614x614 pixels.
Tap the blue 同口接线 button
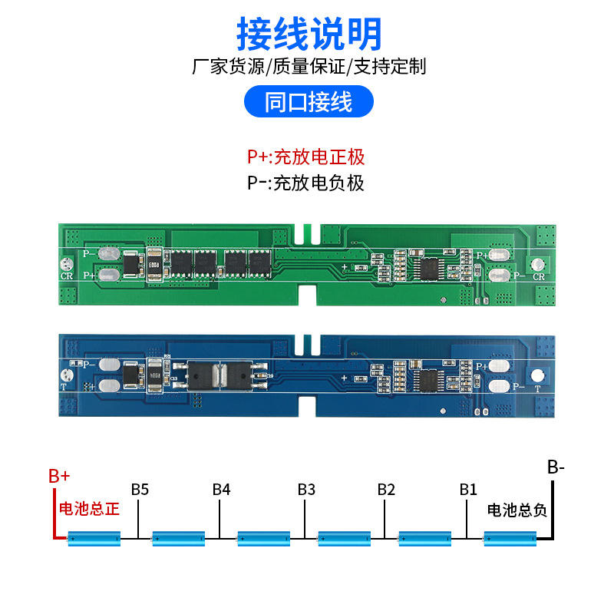coord(308,102)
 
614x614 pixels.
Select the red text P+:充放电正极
coord(305,157)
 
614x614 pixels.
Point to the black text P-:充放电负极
coord(305,183)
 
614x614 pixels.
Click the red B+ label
coord(59,475)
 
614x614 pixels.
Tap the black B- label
coord(556,467)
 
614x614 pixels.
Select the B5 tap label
coord(140,489)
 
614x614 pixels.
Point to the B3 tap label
coord(306,489)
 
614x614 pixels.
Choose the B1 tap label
coord(468,489)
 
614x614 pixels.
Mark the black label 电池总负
coord(517,510)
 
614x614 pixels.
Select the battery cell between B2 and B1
coord(425,539)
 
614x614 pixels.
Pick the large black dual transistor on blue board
coord(222,374)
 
